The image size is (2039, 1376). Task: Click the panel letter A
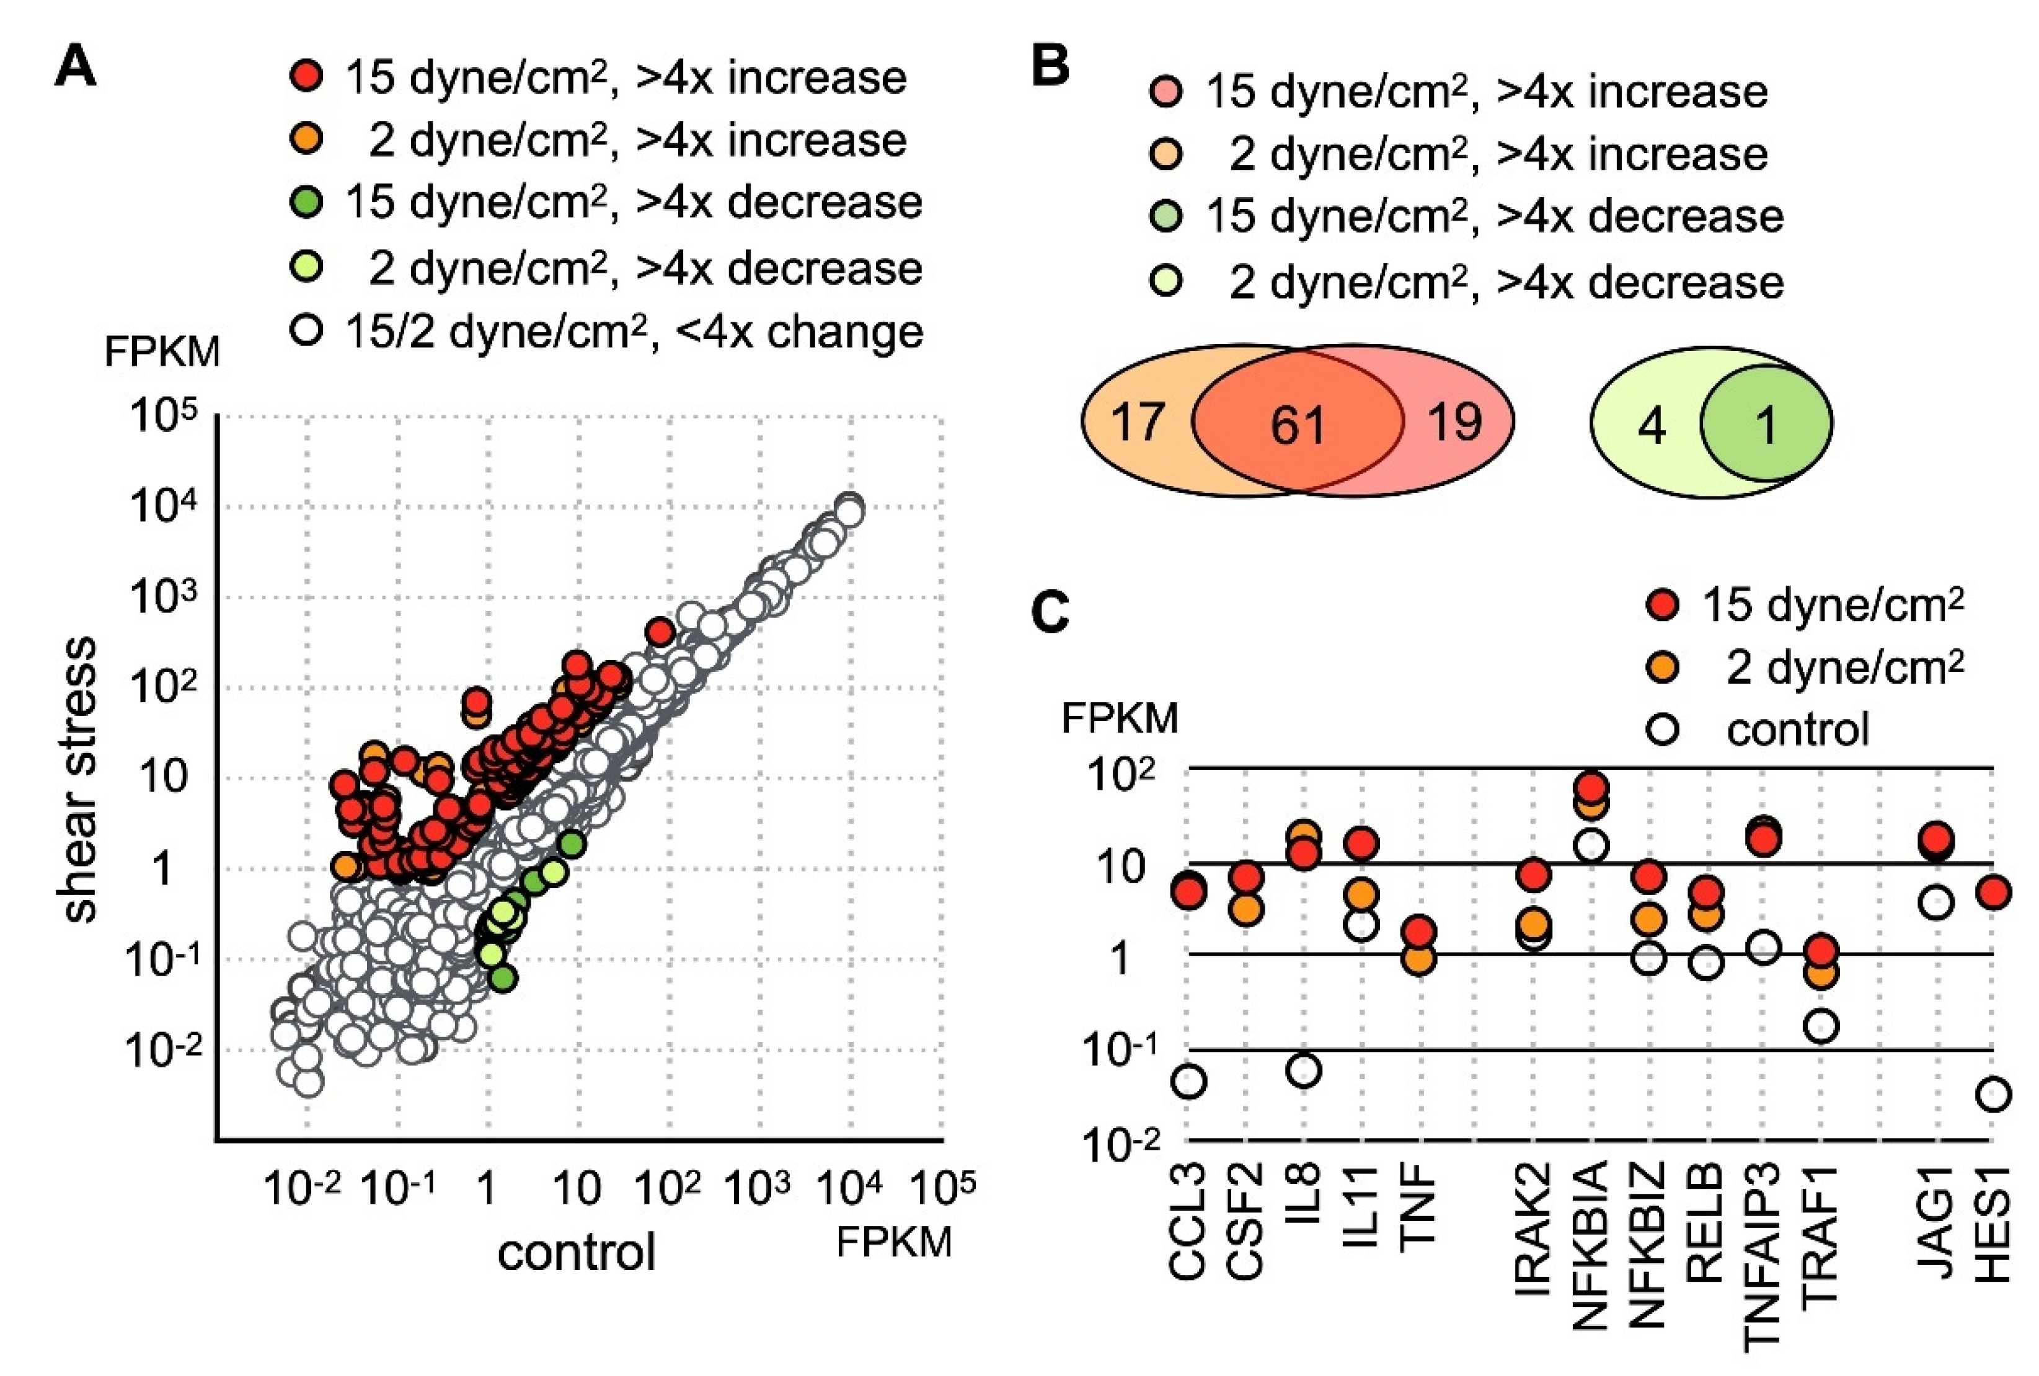point(76,67)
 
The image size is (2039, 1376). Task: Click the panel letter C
point(1050,612)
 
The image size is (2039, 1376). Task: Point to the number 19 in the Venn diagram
point(1454,422)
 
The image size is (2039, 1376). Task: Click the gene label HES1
point(1994,1224)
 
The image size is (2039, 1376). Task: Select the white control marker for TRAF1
point(1822,1026)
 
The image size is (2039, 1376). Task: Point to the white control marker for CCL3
point(1189,1082)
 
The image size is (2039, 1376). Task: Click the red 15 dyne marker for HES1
point(1994,893)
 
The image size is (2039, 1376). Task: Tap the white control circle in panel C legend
point(1663,729)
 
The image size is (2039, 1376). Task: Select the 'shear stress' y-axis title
point(80,778)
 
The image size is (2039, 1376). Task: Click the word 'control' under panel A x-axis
point(577,1252)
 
